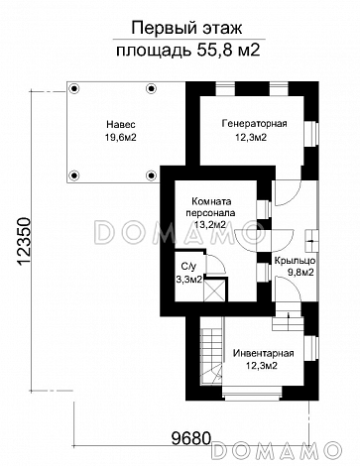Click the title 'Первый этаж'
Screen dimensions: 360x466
click(186, 28)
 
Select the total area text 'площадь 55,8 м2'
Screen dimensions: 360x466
click(188, 51)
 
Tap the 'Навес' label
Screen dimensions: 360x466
click(121, 125)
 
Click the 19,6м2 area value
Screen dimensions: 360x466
click(121, 138)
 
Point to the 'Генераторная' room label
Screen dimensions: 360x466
click(255, 124)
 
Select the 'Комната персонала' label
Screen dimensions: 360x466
click(211, 207)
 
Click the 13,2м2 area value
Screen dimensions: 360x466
click(210, 225)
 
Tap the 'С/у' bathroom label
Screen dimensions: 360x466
click(187, 267)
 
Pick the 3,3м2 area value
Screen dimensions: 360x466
click(188, 280)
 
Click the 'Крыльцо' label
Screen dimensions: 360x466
click(295, 261)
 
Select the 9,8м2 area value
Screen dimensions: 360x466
click(300, 273)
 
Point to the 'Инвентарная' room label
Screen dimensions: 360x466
click(264, 353)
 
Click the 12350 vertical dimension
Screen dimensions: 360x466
click(25, 242)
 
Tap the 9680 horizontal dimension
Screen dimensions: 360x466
click(191, 438)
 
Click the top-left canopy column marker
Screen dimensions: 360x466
click(75, 88)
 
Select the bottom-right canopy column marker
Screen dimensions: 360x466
click(151, 175)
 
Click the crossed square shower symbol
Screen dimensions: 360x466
click(214, 290)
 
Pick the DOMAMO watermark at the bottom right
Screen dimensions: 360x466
click(277, 450)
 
